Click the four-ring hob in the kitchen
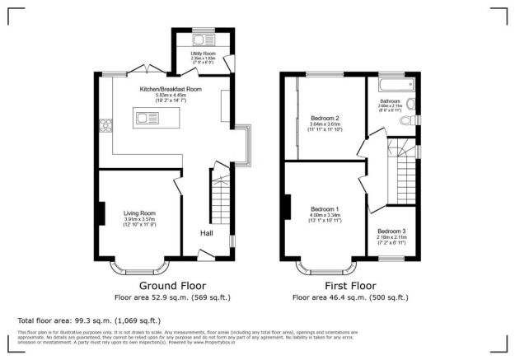click(105, 125)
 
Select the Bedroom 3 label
click(391, 232)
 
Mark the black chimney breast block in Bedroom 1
click(288, 206)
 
